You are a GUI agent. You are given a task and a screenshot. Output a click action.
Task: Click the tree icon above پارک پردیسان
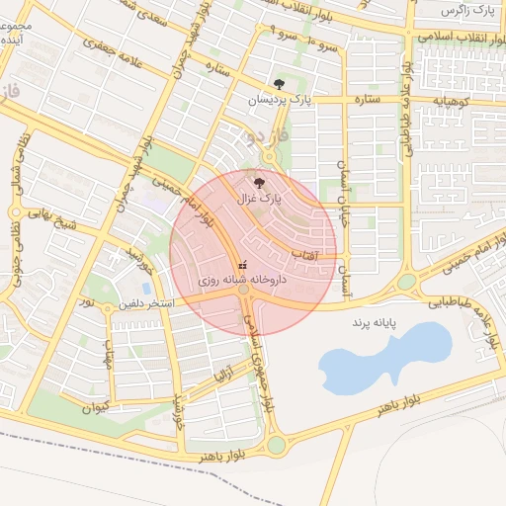(x=279, y=85)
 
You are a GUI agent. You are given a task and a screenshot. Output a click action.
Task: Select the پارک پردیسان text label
(x=279, y=101)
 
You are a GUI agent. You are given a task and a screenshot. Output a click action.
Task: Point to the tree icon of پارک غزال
(x=259, y=182)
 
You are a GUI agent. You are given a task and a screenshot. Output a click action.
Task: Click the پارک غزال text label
(x=259, y=199)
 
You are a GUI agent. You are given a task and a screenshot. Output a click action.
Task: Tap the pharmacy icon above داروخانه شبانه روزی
(x=242, y=264)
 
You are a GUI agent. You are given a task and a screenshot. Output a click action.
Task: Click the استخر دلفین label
(x=146, y=303)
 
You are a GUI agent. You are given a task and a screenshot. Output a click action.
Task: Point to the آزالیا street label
(x=224, y=378)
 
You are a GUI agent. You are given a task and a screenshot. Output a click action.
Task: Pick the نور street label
(x=86, y=299)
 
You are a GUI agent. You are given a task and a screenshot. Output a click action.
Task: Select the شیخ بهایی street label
(x=51, y=219)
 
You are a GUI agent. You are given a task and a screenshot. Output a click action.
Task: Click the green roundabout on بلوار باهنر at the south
(x=276, y=445)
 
